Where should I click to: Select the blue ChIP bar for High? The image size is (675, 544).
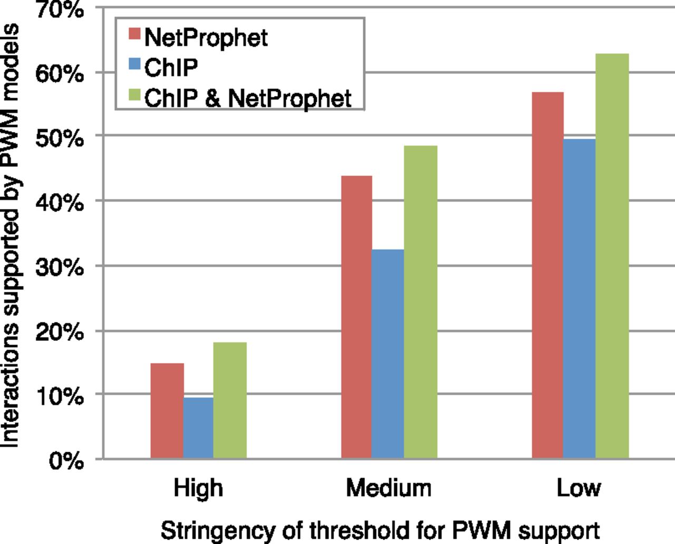(199, 427)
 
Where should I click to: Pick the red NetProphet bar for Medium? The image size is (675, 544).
(356, 317)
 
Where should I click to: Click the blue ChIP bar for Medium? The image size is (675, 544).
(388, 354)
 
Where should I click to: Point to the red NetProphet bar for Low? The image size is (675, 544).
(547, 275)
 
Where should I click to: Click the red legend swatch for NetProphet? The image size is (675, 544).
(134, 35)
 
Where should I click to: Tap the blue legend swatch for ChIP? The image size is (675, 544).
(134, 65)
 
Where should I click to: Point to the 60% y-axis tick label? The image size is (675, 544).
(59, 74)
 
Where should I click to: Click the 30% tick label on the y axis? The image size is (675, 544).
(59, 268)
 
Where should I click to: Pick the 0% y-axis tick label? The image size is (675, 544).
(65, 461)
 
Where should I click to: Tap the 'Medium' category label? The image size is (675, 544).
(389, 488)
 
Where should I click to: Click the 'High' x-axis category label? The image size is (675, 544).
(198, 488)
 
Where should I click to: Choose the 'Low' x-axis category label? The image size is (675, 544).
(578, 488)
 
